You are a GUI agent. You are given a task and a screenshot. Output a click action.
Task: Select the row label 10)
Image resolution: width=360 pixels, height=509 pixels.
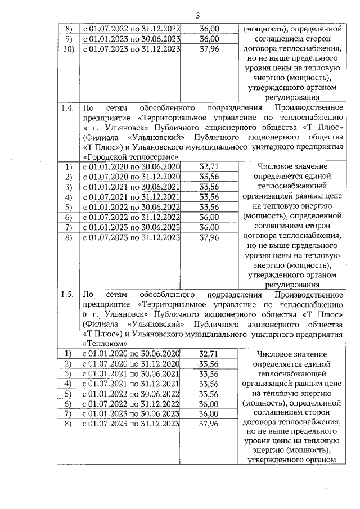point(69,48)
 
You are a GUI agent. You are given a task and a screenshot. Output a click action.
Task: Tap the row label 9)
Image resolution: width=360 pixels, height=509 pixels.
point(69,39)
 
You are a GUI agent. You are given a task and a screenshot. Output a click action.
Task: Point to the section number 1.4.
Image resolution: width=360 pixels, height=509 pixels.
point(68,107)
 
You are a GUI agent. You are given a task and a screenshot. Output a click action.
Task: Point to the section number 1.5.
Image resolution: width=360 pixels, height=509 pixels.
point(68,294)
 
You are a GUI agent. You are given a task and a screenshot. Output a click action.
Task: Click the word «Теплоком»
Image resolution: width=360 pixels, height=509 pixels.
point(106,344)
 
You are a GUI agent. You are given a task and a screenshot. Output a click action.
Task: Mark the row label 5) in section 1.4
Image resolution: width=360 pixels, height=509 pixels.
point(69,207)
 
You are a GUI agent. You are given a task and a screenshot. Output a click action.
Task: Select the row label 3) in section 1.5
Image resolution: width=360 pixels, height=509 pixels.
point(69,373)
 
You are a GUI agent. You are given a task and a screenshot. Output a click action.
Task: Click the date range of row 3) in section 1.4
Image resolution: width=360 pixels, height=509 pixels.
point(131,187)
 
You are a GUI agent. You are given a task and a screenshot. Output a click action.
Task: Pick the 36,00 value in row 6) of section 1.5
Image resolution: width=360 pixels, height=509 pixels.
point(209,404)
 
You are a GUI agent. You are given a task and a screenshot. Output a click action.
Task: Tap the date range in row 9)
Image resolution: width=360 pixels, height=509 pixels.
point(131,39)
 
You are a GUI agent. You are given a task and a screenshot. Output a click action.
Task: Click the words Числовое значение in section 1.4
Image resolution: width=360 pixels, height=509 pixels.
point(287,168)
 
